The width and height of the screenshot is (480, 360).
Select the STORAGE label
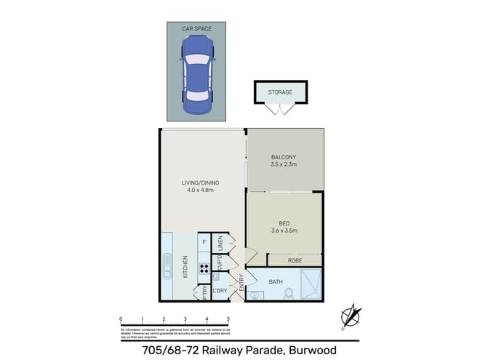280,92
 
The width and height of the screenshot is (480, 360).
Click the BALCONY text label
284,157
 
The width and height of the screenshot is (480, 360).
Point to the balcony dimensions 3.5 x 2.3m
284,166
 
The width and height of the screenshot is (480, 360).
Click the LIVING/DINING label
200,183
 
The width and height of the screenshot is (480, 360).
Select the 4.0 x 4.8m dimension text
200,191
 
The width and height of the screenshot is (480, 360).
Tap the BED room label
284,223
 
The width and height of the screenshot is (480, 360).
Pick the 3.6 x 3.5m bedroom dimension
284,231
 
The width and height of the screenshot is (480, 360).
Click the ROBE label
295,258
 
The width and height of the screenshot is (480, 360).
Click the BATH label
275,281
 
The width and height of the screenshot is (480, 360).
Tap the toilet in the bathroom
288,293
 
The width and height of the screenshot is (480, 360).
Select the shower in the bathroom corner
311,284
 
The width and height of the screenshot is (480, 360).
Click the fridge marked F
204,241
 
